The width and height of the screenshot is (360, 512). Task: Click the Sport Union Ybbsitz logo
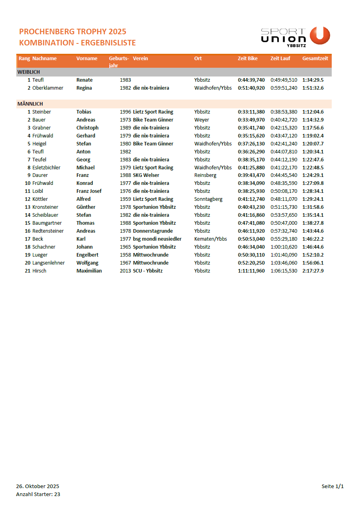click(295, 37)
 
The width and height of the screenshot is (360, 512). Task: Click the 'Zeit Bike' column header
click(247, 59)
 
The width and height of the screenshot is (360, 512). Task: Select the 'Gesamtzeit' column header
click(315, 59)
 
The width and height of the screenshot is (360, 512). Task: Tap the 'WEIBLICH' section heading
click(29, 72)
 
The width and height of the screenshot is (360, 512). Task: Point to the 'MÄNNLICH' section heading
click(30, 104)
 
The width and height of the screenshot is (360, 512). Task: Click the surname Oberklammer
click(48, 88)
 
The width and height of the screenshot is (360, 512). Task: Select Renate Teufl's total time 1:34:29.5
click(313, 80)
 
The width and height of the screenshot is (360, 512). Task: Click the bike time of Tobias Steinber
click(251, 112)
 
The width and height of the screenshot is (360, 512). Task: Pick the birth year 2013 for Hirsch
click(125, 271)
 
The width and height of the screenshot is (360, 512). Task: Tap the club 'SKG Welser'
click(146, 175)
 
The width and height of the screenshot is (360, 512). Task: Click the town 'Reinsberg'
click(205, 175)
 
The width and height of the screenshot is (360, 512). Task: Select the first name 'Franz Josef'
click(89, 191)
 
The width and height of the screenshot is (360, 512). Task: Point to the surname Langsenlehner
click(49, 263)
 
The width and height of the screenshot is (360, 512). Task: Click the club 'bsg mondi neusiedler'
click(157, 239)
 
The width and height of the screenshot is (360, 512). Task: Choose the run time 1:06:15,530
click(284, 271)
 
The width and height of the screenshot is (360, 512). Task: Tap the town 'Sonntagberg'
click(208, 199)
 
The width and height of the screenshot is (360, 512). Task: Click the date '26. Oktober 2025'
click(37, 486)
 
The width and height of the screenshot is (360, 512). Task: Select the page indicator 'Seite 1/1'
click(333, 486)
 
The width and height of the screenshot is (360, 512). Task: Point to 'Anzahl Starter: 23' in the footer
click(38, 494)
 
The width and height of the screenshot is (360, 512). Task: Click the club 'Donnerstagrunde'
click(153, 231)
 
